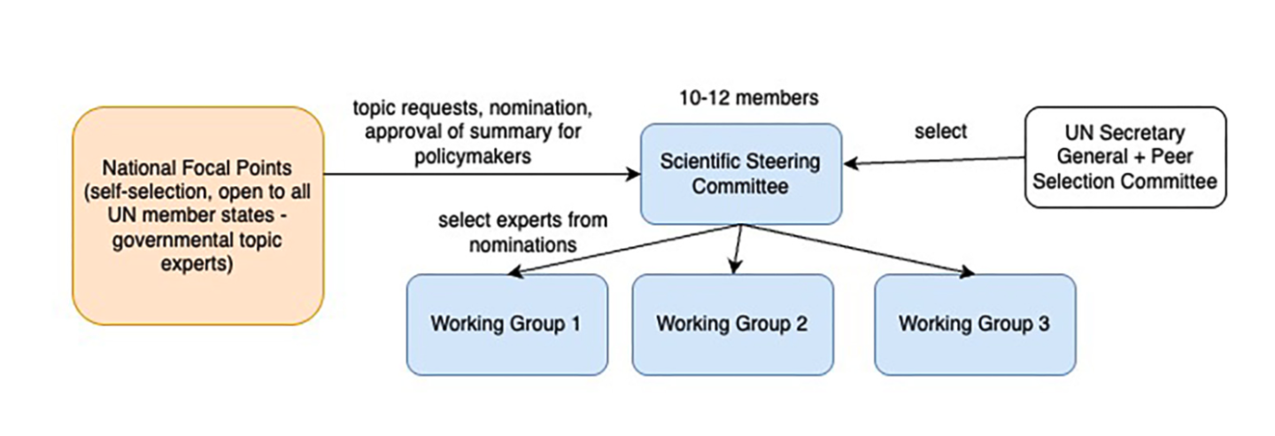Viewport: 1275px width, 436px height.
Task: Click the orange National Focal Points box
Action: [x=198, y=215]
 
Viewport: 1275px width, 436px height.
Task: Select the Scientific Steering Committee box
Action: [x=740, y=174]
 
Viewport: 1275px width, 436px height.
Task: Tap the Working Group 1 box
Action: [x=506, y=324]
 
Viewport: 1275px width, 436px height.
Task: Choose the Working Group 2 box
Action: [x=732, y=324]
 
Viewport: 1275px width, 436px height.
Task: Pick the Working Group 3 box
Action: [x=975, y=324]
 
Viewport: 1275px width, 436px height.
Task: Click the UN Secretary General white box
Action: [x=1125, y=158]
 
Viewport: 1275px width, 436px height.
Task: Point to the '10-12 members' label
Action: [x=749, y=98]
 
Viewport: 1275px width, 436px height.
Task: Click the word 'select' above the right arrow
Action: [x=940, y=132]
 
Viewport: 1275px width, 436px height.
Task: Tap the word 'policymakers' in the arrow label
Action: [x=473, y=156]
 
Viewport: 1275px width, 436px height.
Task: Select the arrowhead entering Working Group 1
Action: [x=514, y=271]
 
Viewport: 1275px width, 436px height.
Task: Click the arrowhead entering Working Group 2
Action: [x=735, y=267]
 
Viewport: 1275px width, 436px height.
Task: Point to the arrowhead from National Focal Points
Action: [x=634, y=174]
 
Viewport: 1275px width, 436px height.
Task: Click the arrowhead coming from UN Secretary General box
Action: [x=851, y=164]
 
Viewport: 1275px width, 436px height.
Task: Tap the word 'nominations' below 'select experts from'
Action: [x=522, y=245]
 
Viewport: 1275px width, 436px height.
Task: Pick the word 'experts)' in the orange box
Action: [x=197, y=264]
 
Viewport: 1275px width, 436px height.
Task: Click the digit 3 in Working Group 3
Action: [x=1044, y=323]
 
